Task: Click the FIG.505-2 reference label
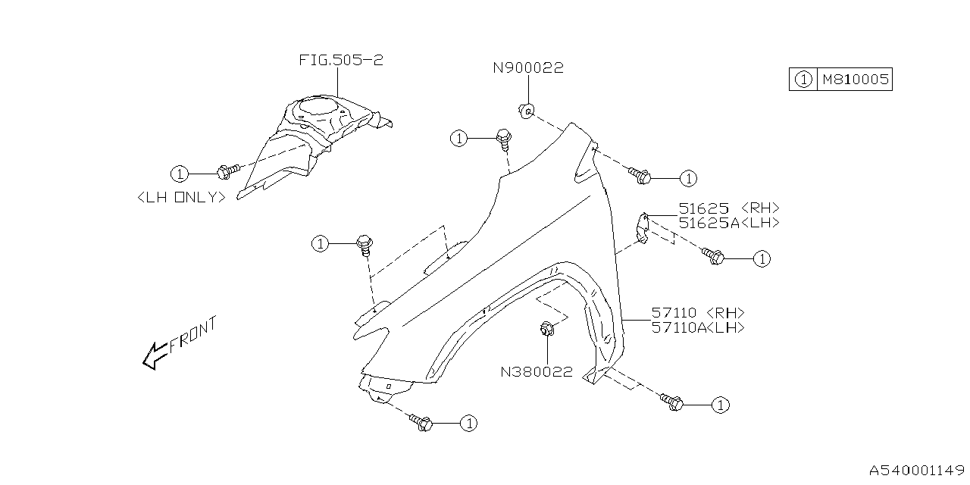coord(340,61)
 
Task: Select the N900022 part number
coord(528,68)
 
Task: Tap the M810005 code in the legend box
coord(853,79)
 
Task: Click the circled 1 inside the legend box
coord(803,79)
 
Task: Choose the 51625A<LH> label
coord(728,223)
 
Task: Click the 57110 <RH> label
coord(697,313)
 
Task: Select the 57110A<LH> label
coord(697,327)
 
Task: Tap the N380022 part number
coord(537,372)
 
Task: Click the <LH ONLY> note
coord(182,197)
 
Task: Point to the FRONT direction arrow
coord(179,343)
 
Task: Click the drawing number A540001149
coord(915,471)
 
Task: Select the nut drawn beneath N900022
coord(525,111)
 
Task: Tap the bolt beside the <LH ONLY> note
coord(227,171)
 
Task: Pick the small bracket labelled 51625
coord(643,228)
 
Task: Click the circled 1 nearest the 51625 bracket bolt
coord(762,259)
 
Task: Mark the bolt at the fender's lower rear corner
coord(671,402)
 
